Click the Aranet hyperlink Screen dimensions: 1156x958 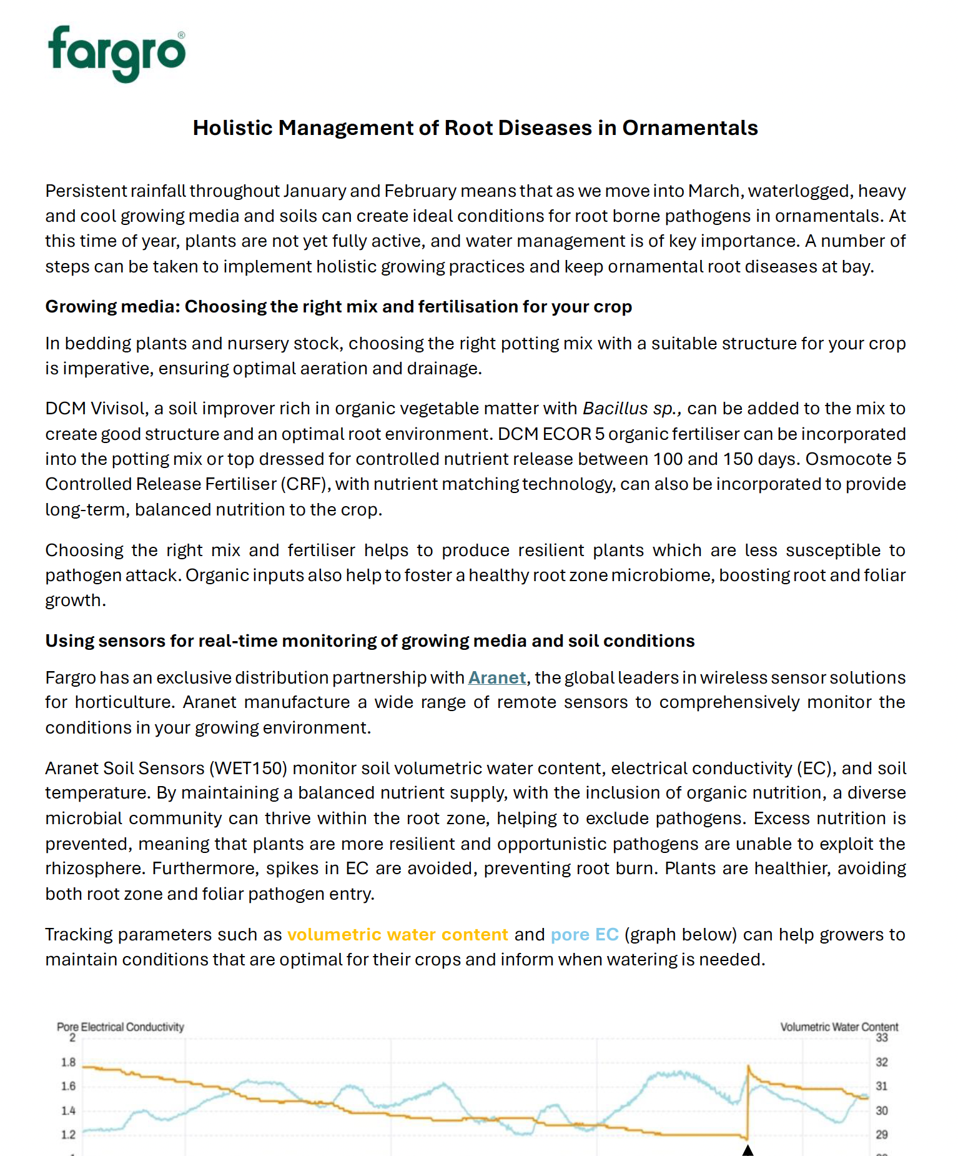point(496,677)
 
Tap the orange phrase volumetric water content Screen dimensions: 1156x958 point(397,934)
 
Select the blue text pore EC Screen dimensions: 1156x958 point(584,934)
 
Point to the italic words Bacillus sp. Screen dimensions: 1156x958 point(631,408)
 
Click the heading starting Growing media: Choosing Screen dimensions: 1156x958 point(338,306)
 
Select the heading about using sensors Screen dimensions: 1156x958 point(369,640)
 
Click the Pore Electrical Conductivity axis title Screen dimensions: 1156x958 point(120,1027)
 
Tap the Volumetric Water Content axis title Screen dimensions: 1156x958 point(839,1027)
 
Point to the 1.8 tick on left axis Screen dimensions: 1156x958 point(68,1062)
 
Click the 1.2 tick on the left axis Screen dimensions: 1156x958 point(68,1135)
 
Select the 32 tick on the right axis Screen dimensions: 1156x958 point(881,1062)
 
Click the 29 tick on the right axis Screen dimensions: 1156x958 point(881,1135)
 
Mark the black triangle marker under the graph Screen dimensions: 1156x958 point(748,1150)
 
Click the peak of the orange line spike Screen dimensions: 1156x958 point(748,1067)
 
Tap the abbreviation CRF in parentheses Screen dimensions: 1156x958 point(304,484)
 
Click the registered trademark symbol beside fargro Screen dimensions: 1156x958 point(181,36)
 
